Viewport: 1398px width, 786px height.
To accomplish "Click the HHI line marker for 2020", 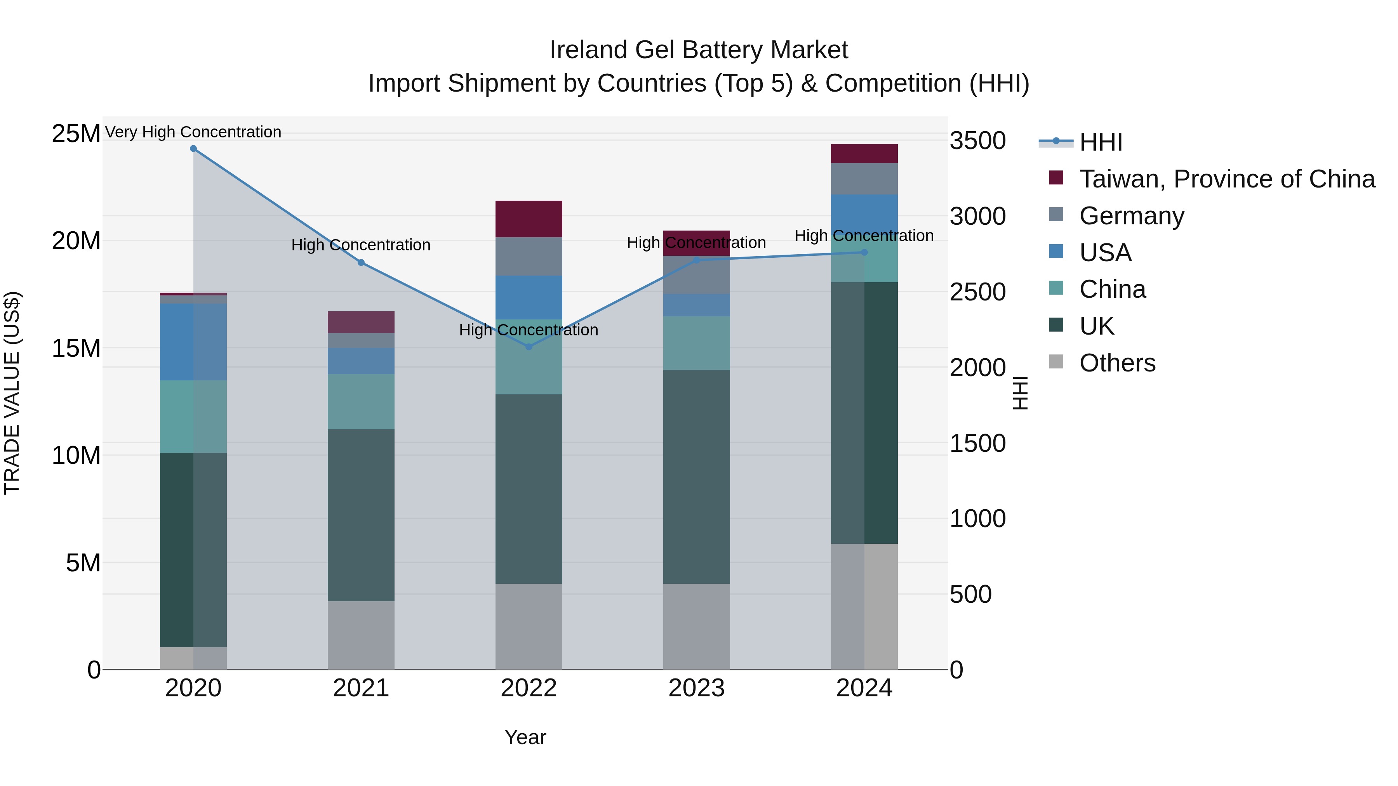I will coord(193,149).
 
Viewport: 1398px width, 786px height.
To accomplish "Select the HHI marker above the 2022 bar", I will coord(529,347).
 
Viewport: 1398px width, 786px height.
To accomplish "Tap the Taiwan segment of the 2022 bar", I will coord(529,219).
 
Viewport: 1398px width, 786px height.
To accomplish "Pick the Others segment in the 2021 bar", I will coord(361,635).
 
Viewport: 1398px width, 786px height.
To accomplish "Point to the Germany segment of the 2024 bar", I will coord(864,179).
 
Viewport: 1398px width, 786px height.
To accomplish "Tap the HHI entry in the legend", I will coord(1100,142).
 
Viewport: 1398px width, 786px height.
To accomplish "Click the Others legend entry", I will coord(1117,363).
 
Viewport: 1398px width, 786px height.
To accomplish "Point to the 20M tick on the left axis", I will coord(76,241).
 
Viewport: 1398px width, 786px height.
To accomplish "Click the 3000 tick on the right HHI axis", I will coord(977,217).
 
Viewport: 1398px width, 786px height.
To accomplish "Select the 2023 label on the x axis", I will coord(696,688).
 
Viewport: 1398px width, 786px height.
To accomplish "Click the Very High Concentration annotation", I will coord(193,132).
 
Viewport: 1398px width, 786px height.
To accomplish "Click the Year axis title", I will coord(525,737).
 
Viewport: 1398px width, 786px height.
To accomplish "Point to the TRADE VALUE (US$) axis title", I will coord(12,393).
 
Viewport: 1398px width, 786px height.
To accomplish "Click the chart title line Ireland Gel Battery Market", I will coord(699,50).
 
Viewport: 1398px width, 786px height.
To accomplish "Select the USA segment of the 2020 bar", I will coord(193,342).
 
